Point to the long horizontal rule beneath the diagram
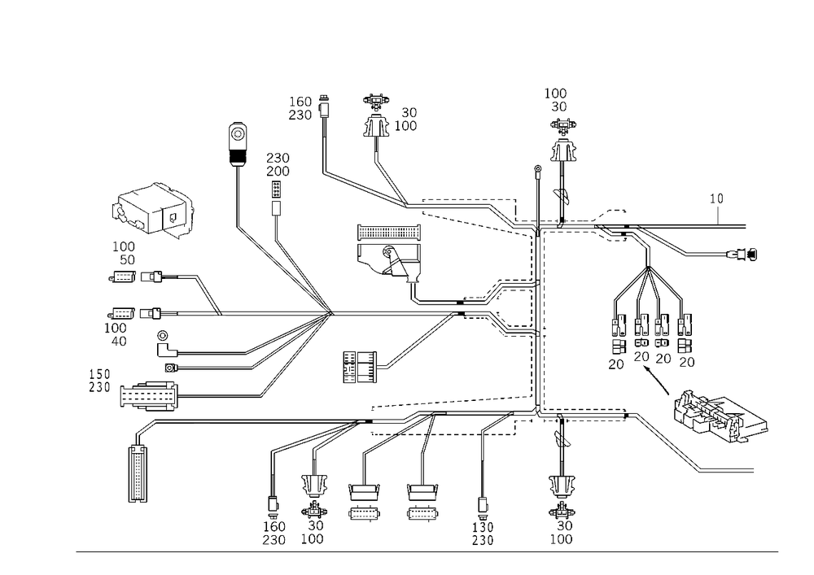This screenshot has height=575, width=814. tap(427, 551)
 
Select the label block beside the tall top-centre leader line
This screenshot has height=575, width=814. tap(304, 108)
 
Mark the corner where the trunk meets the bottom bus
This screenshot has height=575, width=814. tap(539, 412)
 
